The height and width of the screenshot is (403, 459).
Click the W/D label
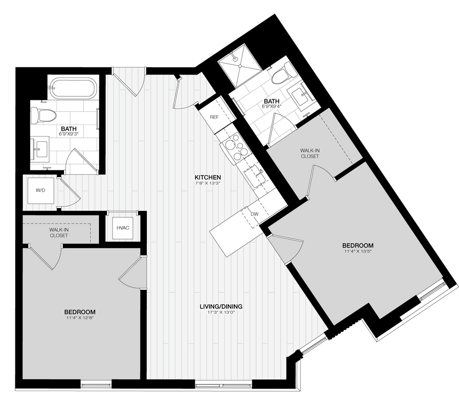(40, 191)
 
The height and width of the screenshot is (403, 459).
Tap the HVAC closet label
(122, 228)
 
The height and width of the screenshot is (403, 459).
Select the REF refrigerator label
(215, 117)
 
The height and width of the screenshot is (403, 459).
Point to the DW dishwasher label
(254, 214)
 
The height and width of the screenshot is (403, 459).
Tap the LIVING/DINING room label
(221, 306)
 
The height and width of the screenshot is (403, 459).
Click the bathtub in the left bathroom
(74, 88)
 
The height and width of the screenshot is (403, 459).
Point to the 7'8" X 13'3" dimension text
(207, 183)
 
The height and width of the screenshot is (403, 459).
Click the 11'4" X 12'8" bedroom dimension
(80, 318)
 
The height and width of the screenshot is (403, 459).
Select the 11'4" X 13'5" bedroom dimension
(358, 251)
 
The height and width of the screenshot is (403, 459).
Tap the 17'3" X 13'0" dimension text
(221, 313)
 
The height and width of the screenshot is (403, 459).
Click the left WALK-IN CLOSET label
(58, 232)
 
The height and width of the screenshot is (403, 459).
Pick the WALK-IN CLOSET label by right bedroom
(310, 153)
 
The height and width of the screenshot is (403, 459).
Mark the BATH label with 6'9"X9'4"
(272, 101)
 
